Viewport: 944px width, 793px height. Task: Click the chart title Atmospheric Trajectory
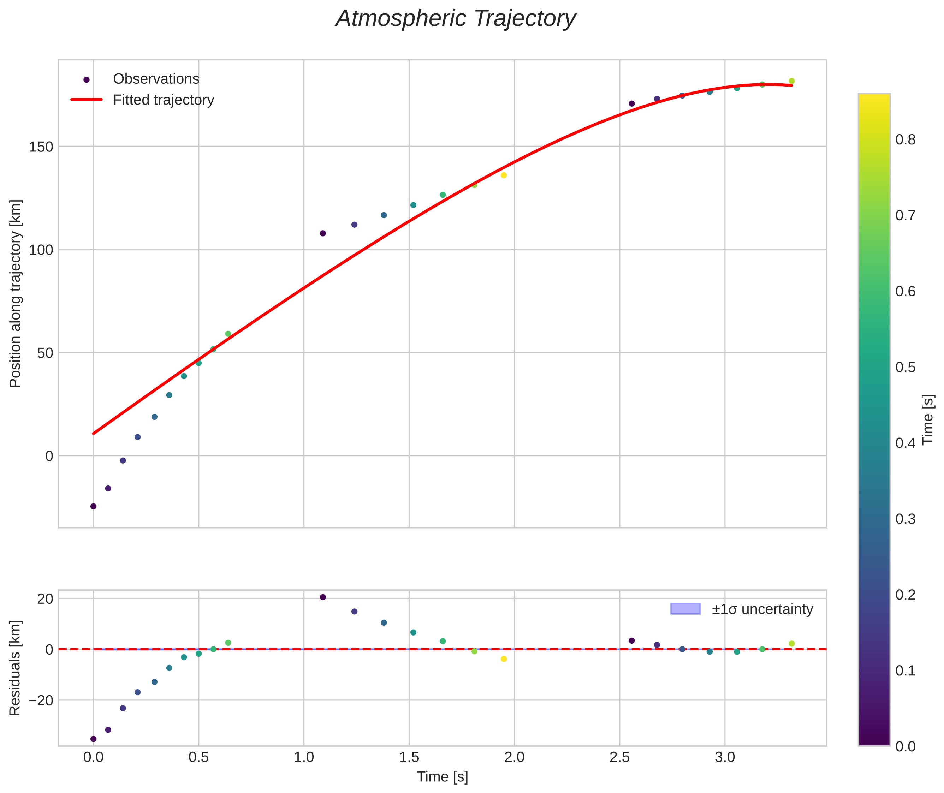455,19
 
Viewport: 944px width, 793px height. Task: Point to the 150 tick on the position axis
41,147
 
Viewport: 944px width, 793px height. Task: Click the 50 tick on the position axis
44,353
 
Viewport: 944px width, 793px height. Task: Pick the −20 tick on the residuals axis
41,700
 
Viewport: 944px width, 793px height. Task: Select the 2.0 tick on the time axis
514,758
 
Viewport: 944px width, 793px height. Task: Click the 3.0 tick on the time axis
725,758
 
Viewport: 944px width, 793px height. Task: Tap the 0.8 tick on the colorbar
905,140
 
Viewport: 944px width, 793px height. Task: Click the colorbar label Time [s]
928,419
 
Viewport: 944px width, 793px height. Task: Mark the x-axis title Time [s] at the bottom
442,777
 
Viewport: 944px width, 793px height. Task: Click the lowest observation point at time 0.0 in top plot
94,506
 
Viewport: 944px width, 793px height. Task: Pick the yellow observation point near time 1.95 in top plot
504,175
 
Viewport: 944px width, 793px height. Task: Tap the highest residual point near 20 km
322,597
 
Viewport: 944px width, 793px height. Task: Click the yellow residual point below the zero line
504,659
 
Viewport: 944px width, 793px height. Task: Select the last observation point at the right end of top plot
791,81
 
